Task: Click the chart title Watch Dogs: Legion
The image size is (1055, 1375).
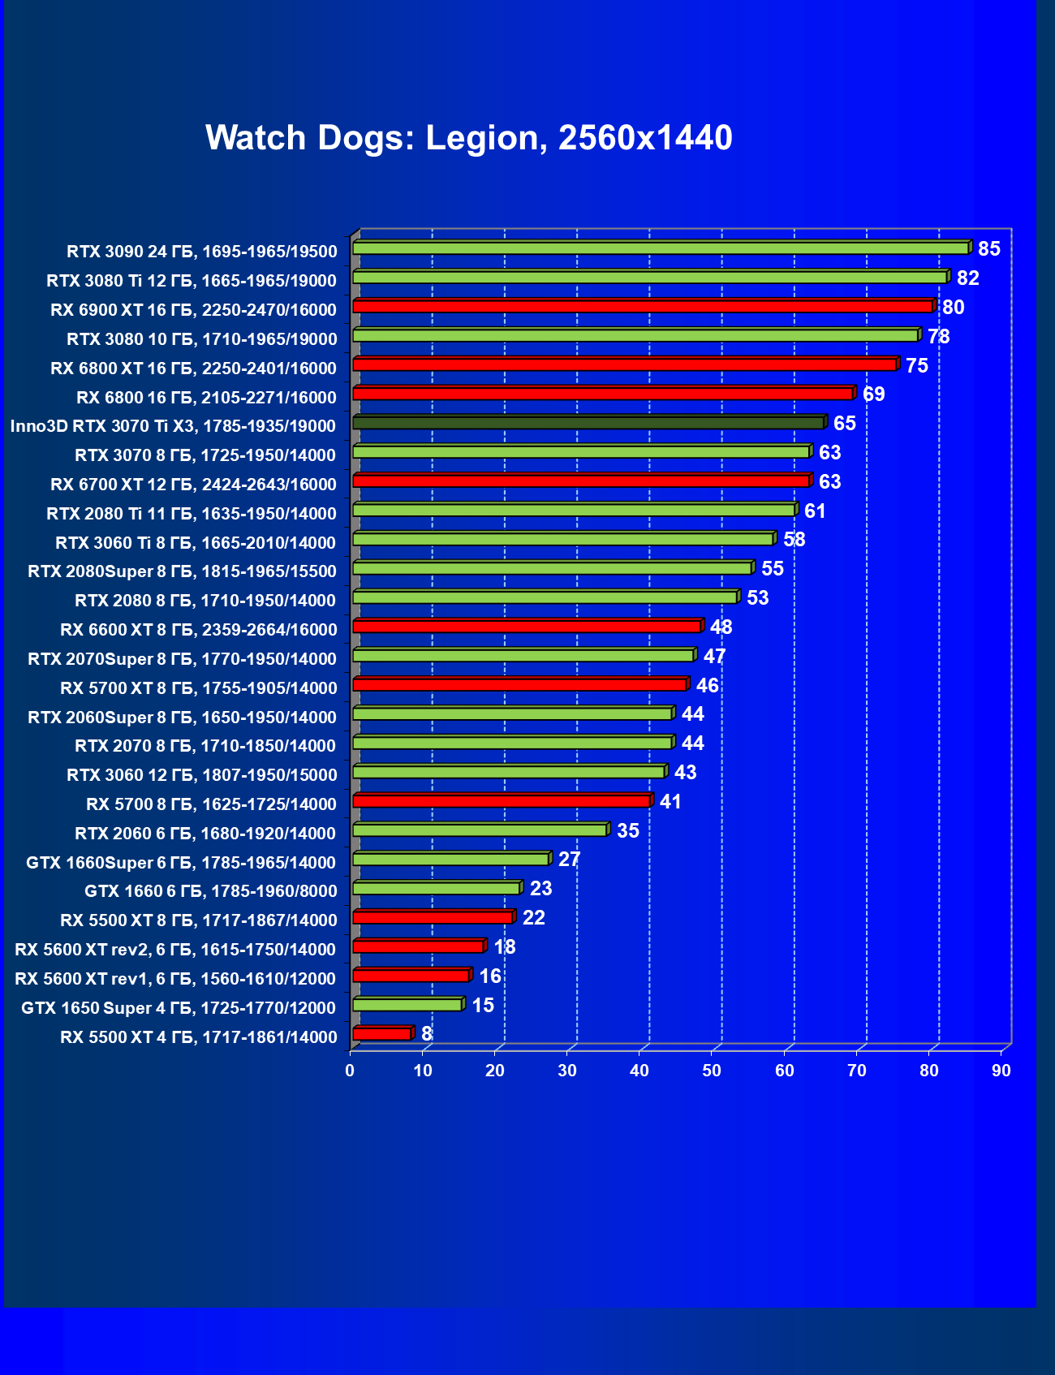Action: pyautogui.click(x=469, y=138)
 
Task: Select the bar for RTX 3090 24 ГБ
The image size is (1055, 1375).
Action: pyautogui.click(x=661, y=248)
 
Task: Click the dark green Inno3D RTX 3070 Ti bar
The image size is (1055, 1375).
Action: pyautogui.click(x=588, y=423)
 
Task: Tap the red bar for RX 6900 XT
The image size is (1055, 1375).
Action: pyautogui.click(x=643, y=307)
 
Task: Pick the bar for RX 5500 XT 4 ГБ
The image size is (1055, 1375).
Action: pyautogui.click(x=382, y=1033)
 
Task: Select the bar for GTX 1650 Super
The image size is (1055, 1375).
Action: pyautogui.click(x=407, y=1005)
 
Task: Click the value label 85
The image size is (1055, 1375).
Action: pyautogui.click(x=989, y=249)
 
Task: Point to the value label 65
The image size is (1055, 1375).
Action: pyautogui.click(x=844, y=424)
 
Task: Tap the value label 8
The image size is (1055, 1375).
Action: pyautogui.click(x=427, y=1034)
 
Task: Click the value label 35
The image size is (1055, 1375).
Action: pyautogui.click(x=628, y=830)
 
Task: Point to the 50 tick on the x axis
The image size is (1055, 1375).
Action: pyautogui.click(x=712, y=1071)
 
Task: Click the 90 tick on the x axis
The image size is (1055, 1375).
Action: pyautogui.click(x=1001, y=1071)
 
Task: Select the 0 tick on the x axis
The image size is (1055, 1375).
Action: pyautogui.click(x=350, y=1071)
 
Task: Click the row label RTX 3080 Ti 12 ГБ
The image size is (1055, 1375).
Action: pyautogui.click(x=192, y=281)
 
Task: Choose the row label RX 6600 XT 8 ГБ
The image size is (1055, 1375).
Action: pyautogui.click(x=199, y=630)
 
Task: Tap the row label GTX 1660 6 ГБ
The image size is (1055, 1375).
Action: pyautogui.click(x=211, y=891)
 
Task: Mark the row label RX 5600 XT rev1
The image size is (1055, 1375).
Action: pyautogui.click(x=175, y=979)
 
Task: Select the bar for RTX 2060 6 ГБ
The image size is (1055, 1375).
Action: pyautogui.click(x=480, y=830)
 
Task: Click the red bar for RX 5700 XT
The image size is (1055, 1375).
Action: pyautogui.click(x=520, y=685)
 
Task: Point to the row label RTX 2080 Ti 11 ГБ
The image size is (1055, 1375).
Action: pyautogui.click(x=192, y=514)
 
